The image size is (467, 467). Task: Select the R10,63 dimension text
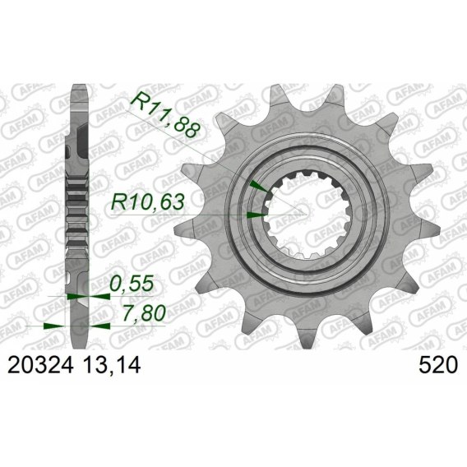(147, 202)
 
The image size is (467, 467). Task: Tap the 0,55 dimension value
(132, 284)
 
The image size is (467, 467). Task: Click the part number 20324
(40, 365)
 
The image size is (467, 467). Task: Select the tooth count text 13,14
(113, 365)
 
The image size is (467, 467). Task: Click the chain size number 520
(438, 365)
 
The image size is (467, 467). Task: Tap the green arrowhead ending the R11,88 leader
(259, 186)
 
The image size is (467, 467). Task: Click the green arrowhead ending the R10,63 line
(257, 215)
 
